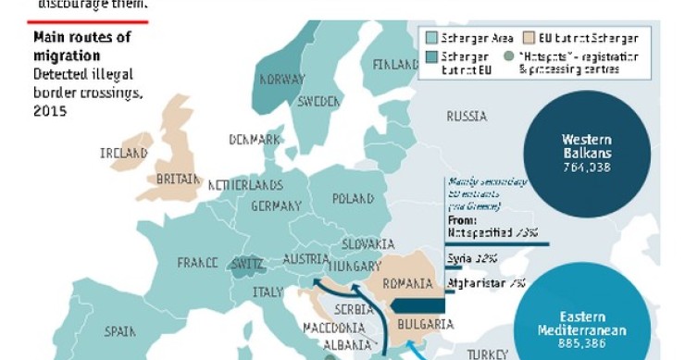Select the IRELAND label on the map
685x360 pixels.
(125, 153)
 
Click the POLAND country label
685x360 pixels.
(354, 198)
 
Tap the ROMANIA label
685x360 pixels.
(407, 283)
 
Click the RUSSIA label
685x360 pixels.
(467, 118)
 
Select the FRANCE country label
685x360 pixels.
(197, 263)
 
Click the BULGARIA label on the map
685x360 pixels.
(425, 325)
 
